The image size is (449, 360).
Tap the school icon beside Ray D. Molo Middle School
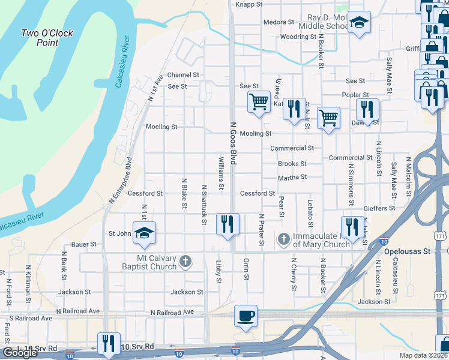[359, 23]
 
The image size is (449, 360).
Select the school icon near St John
[144, 233]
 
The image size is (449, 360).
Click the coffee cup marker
[245, 316]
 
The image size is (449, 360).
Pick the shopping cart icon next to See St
[259, 101]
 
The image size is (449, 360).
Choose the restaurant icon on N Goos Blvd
[227, 224]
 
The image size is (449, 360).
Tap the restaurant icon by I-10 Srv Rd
[108, 343]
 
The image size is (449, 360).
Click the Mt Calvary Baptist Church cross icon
[186, 261]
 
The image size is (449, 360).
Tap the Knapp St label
[250, 4]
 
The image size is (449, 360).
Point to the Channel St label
[183, 75]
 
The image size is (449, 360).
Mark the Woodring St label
[298, 37]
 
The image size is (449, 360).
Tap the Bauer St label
[84, 244]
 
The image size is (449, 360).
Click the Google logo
[20, 353]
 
